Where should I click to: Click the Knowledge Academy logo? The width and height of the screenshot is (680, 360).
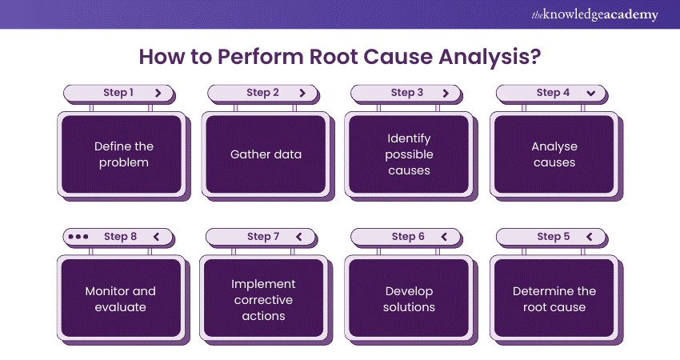[594, 14]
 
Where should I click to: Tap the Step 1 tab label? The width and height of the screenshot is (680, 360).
[118, 93]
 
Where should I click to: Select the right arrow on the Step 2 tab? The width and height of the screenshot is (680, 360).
[302, 93]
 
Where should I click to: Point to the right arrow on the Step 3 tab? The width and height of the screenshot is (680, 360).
[446, 93]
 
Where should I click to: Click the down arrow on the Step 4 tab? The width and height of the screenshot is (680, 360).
[591, 93]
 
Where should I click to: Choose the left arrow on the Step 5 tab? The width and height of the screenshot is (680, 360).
[590, 237]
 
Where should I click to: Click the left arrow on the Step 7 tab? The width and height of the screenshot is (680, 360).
[299, 237]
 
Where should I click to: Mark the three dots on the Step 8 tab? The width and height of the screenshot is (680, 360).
[78, 237]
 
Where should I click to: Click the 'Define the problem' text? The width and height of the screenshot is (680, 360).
[124, 154]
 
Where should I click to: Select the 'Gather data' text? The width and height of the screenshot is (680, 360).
[266, 154]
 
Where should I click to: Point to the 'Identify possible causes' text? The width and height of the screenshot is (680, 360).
[409, 154]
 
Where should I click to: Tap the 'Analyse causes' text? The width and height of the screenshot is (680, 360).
[554, 154]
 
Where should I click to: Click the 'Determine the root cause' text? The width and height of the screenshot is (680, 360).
[554, 299]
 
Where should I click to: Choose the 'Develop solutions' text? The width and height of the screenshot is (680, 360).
[409, 299]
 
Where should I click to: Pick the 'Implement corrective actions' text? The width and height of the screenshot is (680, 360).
[263, 299]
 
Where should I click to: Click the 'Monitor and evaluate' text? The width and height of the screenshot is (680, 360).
[121, 299]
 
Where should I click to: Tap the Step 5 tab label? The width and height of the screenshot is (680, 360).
[549, 237]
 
